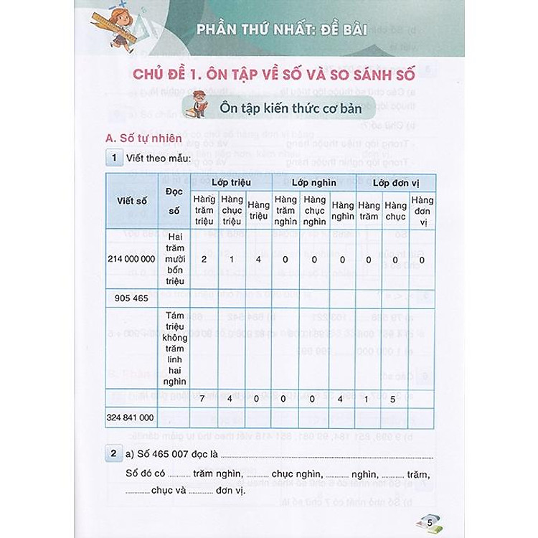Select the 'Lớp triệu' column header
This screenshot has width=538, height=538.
click(x=231, y=182)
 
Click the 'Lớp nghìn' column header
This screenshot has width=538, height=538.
click(x=313, y=182)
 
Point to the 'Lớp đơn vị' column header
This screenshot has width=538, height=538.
click(x=396, y=182)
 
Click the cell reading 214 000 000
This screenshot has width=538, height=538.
click(x=133, y=260)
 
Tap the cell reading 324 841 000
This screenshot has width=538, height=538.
click(x=133, y=417)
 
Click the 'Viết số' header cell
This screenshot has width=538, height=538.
click(x=132, y=201)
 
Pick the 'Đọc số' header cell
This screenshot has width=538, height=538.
click(x=174, y=201)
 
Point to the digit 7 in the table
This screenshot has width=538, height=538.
click(x=204, y=397)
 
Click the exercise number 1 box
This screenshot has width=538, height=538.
click(x=113, y=158)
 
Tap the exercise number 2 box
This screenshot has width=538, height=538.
click(x=113, y=454)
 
